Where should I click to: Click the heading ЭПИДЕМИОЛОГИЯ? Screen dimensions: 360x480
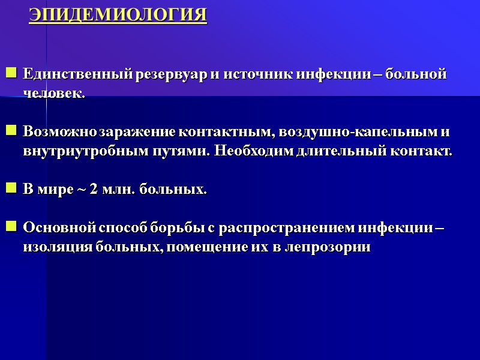tap(118, 15)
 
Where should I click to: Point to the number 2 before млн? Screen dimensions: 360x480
tap(93, 190)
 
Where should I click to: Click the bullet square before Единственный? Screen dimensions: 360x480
tap(11, 74)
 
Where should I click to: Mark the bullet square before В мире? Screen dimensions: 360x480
tap(11, 189)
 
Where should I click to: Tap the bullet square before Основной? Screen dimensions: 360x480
tap(11, 227)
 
